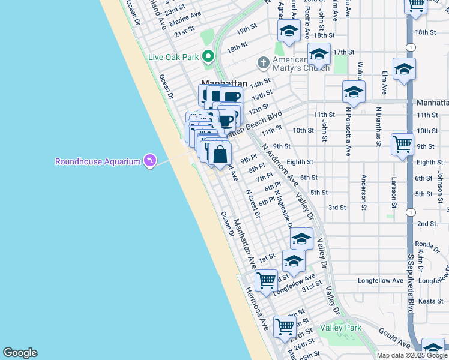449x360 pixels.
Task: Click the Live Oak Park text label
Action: [x=173, y=58]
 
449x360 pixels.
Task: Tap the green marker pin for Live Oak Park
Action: [x=208, y=57]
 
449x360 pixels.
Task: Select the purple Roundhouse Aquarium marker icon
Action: [x=150, y=161]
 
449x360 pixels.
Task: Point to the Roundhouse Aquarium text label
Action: [x=97, y=161]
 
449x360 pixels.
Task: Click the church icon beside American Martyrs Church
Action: [x=263, y=62]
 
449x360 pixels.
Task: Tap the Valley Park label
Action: [x=341, y=328]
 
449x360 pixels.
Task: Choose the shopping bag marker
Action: [x=220, y=154]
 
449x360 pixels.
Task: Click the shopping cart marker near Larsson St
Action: [x=402, y=144]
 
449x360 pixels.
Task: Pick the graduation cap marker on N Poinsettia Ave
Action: [x=354, y=92]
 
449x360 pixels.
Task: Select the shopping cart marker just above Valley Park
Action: [x=285, y=327]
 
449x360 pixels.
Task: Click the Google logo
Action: [x=20, y=353]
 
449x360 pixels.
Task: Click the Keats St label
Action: [x=431, y=301]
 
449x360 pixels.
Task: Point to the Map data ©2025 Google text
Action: [x=411, y=355]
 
